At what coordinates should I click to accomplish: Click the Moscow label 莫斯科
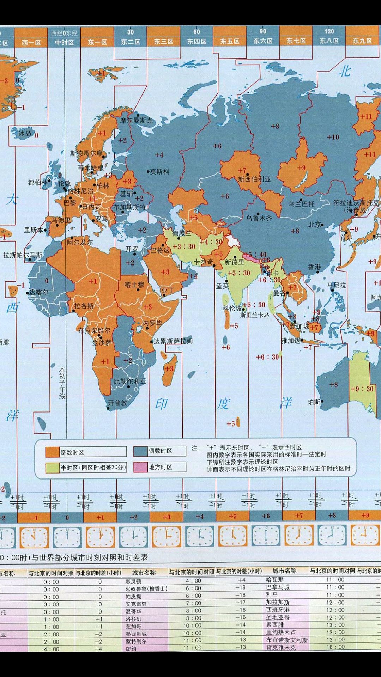point(160,172)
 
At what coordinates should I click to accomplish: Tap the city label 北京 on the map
point(315,224)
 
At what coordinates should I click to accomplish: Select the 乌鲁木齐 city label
point(259,218)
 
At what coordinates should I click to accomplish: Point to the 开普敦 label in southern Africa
point(117,403)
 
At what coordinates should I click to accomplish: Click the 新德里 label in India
point(235,262)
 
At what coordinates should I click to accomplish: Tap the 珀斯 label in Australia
point(314,402)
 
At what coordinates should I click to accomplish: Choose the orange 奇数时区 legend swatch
point(52,452)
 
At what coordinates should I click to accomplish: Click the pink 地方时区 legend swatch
point(140,467)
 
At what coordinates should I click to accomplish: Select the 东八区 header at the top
point(329,41)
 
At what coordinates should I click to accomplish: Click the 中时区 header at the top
point(64,42)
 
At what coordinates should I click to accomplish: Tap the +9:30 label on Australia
point(362,389)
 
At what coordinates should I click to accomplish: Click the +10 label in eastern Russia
point(333,137)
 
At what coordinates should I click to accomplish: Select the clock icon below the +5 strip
point(232,537)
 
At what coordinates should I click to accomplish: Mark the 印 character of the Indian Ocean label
point(161,404)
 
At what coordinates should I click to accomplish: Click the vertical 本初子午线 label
point(62,383)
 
